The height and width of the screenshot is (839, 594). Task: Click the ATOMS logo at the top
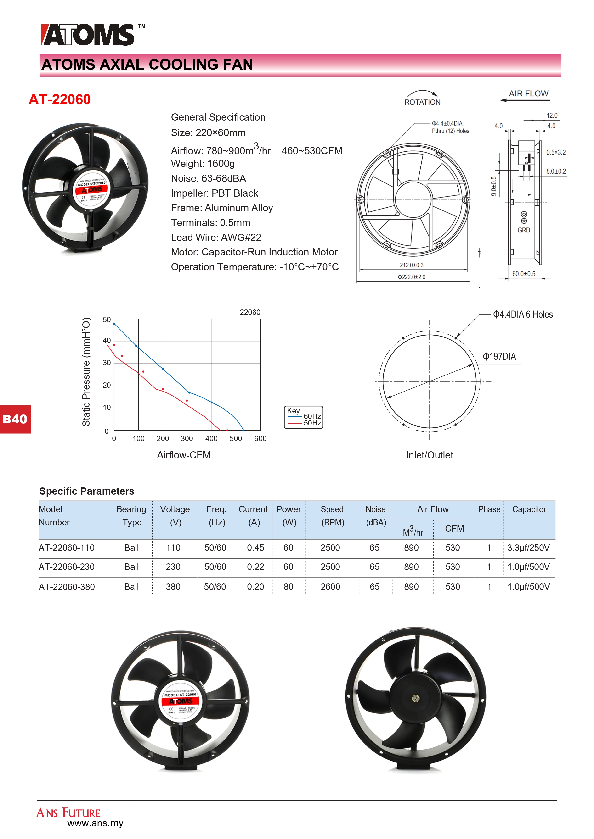coord(88,35)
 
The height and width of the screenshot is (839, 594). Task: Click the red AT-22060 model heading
coord(60,99)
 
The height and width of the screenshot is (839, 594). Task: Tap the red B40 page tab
coord(15,419)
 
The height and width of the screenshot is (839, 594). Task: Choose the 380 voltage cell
coord(173,587)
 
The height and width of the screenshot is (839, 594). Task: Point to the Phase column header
coord(489,509)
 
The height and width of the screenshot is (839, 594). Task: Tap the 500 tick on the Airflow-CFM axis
coord(236,438)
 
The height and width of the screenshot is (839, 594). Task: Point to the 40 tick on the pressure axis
coord(107,341)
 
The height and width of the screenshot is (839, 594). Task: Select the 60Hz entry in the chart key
coord(312,416)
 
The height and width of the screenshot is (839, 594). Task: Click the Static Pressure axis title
coord(86,372)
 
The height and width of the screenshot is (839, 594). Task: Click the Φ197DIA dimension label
coord(499,357)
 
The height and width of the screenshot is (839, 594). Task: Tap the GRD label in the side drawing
coord(523,230)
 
